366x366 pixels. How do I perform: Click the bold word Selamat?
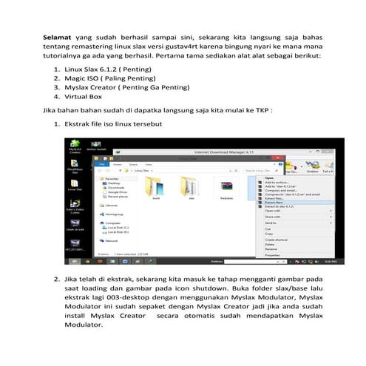(x=55, y=35)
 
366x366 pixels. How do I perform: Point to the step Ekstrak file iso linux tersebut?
(x=113, y=134)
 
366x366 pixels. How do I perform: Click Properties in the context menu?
(x=273, y=254)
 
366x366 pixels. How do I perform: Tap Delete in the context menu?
(x=269, y=243)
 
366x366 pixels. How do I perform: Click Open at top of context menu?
(x=269, y=177)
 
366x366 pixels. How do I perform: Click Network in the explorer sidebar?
(x=112, y=240)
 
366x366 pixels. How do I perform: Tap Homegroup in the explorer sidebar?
(x=115, y=213)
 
